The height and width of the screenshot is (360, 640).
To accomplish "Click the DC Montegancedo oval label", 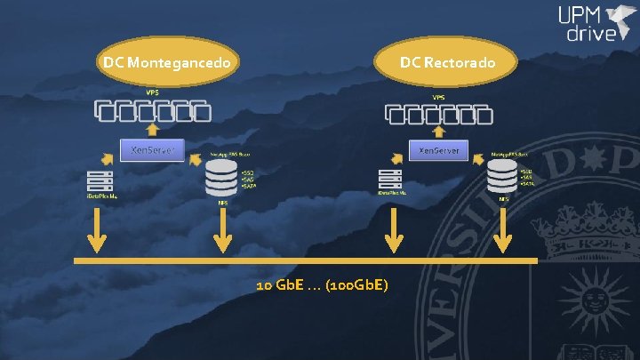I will pyautogui.click(x=169, y=63).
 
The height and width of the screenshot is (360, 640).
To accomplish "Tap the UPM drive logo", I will pyautogui.click(x=594, y=25).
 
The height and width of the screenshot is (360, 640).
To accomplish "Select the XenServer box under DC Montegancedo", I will pyautogui.click(x=152, y=150).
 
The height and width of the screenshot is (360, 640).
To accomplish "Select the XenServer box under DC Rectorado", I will pyautogui.click(x=439, y=150).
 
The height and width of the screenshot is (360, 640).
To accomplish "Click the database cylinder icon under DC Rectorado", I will pyautogui.click(x=503, y=177).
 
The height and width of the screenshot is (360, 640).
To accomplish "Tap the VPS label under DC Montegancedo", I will pyautogui.click(x=153, y=92).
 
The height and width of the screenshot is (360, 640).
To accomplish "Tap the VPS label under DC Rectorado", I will pyautogui.click(x=439, y=97).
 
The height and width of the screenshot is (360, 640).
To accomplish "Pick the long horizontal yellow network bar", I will pyautogui.click(x=306, y=261).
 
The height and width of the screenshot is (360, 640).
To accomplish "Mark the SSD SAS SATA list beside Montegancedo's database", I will pyautogui.click(x=248, y=179).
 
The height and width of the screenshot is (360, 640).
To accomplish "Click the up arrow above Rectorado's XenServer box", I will pyautogui.click(x=439, y=132).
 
